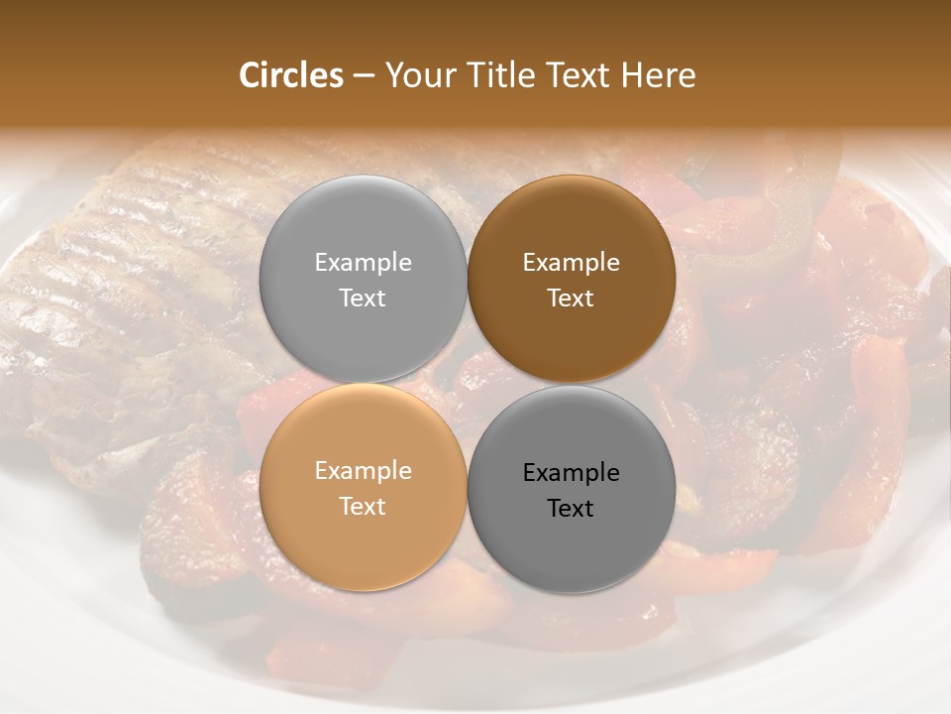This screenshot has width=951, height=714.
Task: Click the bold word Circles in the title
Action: (x=291, y=75)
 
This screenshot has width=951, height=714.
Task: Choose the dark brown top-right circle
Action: (x=571, y=228)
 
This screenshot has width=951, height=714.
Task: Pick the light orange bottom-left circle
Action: (x=363, y=535)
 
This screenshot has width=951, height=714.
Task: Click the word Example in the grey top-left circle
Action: (x=363, y=263)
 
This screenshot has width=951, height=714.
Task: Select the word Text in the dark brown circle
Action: (x=571, y=298)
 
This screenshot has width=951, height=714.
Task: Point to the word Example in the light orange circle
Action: (x=363, y=471)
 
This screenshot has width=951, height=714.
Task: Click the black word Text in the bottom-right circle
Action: (x=571, y=509)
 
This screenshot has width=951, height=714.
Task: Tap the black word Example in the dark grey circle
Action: (x=571, y=473)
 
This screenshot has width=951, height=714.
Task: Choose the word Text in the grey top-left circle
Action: (x=363, y=298)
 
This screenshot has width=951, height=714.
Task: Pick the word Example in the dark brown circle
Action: (x=571, y=263)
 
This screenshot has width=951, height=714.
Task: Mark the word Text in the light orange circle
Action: (x=363, y=507)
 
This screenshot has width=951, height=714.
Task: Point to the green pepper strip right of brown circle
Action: (x=733, y=263)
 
